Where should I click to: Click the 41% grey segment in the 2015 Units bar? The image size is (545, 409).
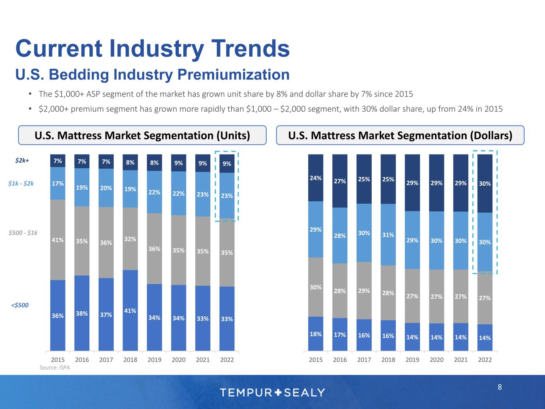[x=57, y=240]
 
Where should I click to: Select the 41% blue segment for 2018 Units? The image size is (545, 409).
[x=130, y=310]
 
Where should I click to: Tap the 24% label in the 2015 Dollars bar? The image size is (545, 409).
[x=316, y=178]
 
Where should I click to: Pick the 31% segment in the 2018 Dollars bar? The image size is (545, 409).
[x=388, y=235]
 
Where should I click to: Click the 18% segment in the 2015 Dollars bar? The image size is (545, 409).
[x=316, y=334]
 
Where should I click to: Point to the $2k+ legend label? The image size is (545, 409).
[x=22, y=161]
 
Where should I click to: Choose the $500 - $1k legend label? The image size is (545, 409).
[x=23, y=232]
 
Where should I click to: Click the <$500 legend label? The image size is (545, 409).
[x=20, y=305]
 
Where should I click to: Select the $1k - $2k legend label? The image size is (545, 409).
[x=21, y=183]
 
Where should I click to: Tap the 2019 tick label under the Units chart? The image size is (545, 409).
[x=155, y=359]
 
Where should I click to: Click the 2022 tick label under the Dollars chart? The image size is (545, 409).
[x=485, y=359]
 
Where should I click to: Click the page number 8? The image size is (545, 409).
[x=499, y=387]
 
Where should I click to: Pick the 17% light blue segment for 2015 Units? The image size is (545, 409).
[x=57, y=183]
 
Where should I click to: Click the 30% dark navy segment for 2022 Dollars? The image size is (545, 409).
[x=485, y=183]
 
